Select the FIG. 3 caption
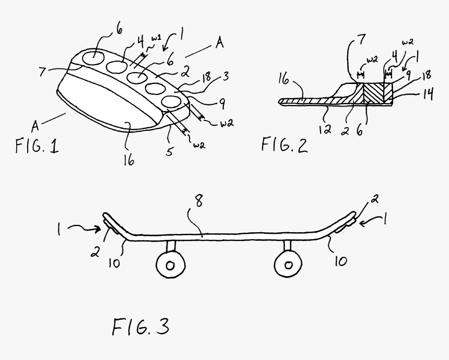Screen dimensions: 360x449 [x=140, y=328]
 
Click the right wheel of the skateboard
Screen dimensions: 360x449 [x=287, y=263]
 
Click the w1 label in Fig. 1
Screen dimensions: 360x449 [x=156, y=39]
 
